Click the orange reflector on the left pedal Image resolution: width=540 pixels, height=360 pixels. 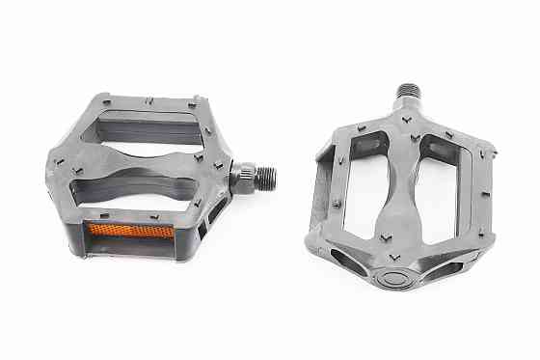point(131,232)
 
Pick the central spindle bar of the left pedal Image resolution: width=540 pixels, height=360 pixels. point(145,160)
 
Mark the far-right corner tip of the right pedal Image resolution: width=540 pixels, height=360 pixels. point(495,152)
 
